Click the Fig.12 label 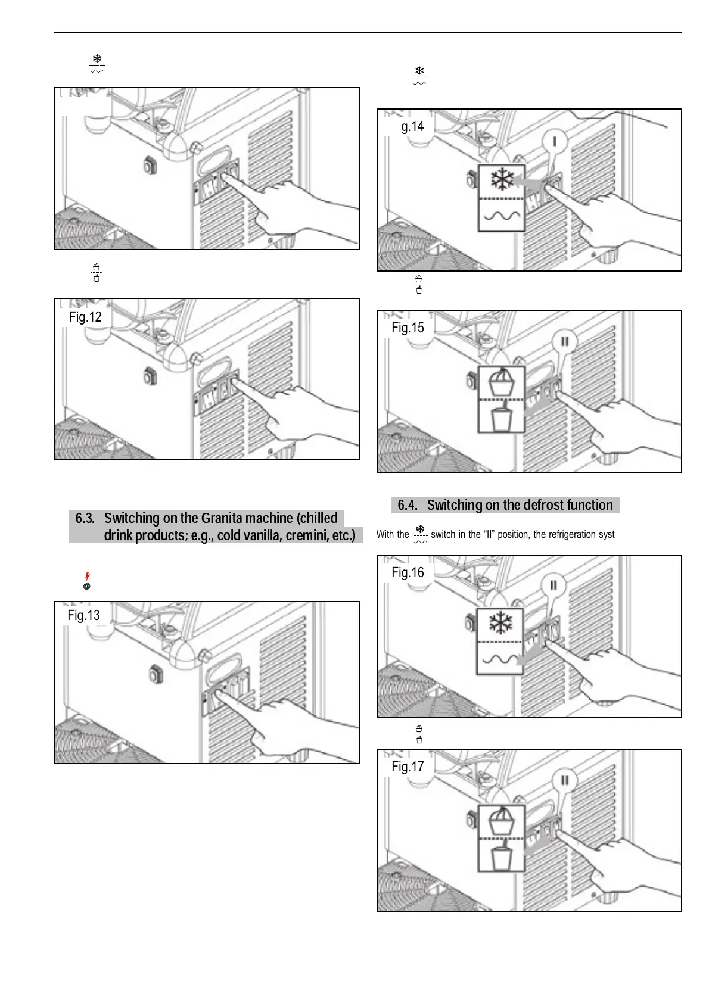tap(85, 317)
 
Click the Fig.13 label tap(83, 615)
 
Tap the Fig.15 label tap(408, 328)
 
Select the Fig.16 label tap(408, 572)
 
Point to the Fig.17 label tap(408, 767)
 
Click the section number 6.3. tap(85, 518)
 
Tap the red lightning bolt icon tap(88, 576)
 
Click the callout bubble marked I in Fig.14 tap(555, 141)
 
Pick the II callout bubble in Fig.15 tap(564, 342)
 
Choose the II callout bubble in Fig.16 tap(553, 585)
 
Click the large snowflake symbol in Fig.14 tap(502, 179)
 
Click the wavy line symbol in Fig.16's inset tap(500, 659)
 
